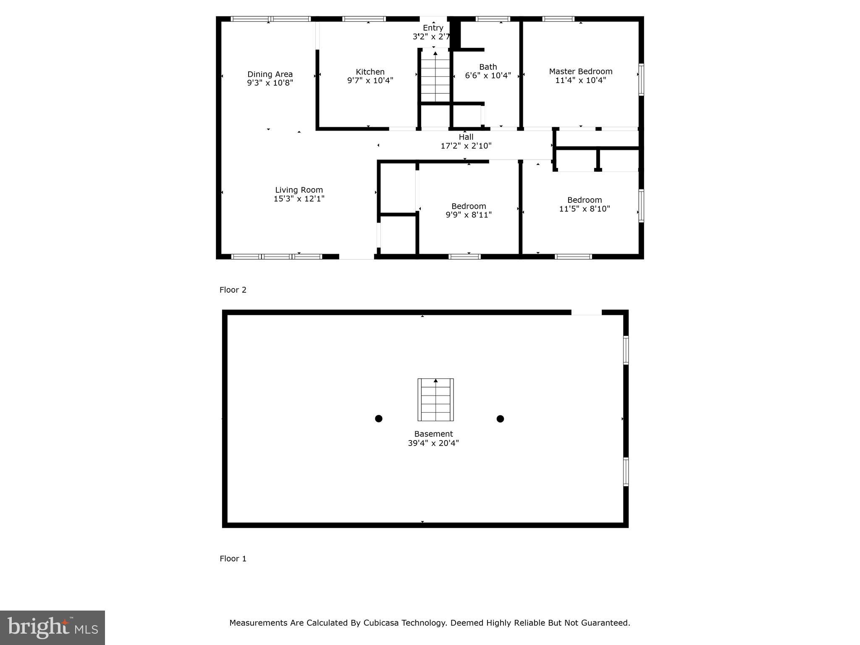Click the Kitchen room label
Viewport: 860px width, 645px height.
[370, 72]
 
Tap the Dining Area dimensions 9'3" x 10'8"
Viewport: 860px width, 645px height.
[270, 83]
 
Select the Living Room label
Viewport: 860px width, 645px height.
[299, 190]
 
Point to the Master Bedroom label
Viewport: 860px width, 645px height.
[580, 71]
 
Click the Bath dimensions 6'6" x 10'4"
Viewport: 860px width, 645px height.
[488, 76]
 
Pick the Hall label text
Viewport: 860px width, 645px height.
[466, 137]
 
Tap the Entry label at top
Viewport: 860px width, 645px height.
[433, 28]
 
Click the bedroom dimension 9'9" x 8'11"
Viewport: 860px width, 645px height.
[468, 215]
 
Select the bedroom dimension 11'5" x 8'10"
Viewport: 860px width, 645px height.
[584, 209]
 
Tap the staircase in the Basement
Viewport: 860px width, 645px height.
[435, 400]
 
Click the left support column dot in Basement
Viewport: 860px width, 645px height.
[378, 419]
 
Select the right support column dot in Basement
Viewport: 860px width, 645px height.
[500, 419]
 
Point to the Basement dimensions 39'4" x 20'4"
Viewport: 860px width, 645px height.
[433, 443]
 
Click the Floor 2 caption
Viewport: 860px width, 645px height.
[233, 290]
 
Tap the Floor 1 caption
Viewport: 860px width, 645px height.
[233, 558]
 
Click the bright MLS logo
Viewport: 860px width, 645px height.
[52, 627]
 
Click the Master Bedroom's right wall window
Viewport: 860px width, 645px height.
[641, 79]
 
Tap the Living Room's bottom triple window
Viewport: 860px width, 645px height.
[277, 257]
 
